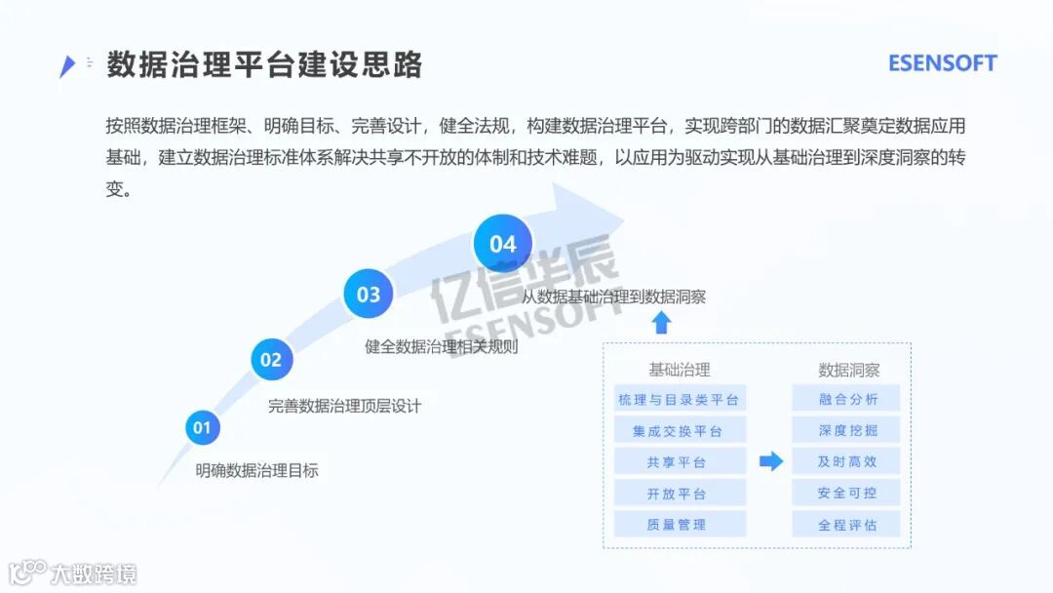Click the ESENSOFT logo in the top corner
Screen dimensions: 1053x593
tap(942, 63)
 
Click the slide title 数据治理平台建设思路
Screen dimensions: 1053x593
tap(264, 64)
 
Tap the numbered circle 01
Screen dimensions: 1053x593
tap(202, 427)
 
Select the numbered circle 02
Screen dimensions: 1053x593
tap(271, 360)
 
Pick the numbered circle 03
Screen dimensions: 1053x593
tap(369, 294)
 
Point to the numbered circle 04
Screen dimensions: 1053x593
tap(502, 243)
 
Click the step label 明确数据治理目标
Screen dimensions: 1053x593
tap(256, 470)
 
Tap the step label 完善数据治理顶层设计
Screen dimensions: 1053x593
tap(344, 406)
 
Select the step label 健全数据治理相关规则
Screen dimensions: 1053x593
tap(442, 346)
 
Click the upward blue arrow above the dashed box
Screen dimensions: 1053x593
tap(662, 323)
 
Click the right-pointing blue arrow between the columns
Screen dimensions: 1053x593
tap(771, 461)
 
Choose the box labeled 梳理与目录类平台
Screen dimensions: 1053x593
tap(679, 399)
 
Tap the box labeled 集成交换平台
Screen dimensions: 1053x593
tap(679, 430)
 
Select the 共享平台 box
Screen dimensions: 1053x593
tap(679, 461)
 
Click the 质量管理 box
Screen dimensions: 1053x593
tap(679, 524)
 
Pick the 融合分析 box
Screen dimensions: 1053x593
tap(847, 399)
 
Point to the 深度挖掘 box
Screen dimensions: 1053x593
tap(847, 430)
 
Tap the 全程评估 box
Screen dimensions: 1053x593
tap(847, 524)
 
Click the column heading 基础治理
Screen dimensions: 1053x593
tap(680, 370)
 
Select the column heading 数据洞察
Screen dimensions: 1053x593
tap(848, 370)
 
